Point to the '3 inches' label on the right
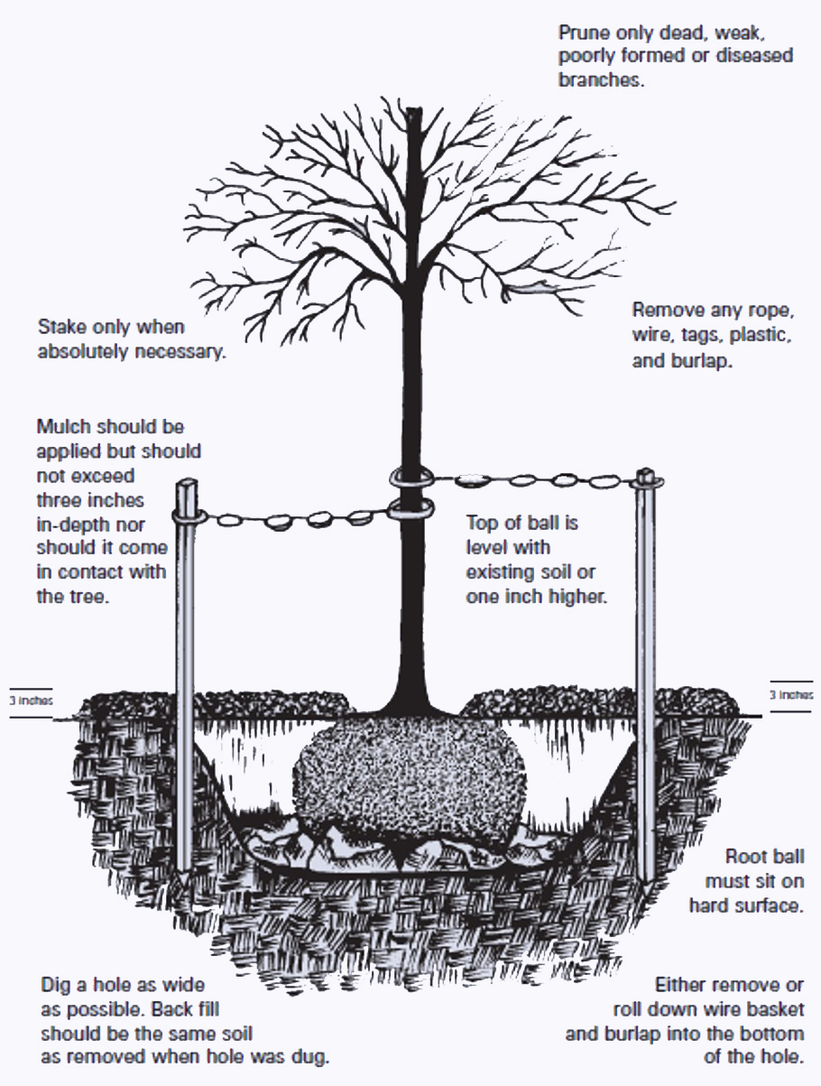tap(791, 695)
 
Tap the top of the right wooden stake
tap(646, 475)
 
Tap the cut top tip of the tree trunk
tap(413, 112)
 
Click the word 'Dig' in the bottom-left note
tap(56, 983)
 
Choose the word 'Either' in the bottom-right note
tap(681, 984)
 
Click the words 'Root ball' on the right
tap(765, 857)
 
